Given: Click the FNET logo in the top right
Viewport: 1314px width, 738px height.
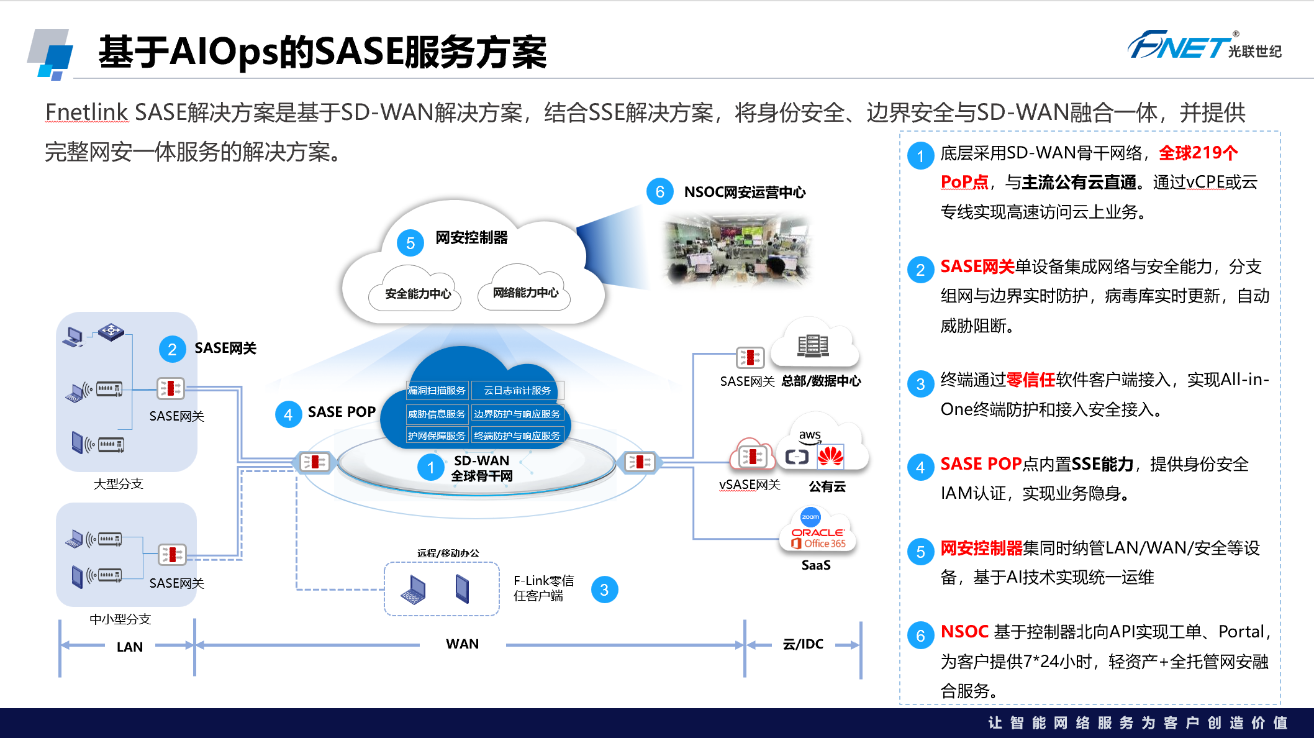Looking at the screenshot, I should pyautogui.click(x=1203, y=45).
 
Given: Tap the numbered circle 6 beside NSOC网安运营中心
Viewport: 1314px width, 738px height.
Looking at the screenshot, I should pyautogui.click(x=659, y=192).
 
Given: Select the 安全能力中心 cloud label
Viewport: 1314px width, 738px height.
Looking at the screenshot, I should pyautogui.click(x=418, y=293).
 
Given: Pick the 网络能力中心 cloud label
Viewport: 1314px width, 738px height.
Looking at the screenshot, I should pyautogui.click(x=525, y=293).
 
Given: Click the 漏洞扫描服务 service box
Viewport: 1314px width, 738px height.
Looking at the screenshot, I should pyautogui.click(x=437, y=390).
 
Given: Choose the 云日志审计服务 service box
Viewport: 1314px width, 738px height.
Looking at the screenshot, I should pyautogui.click(x=517, y=390).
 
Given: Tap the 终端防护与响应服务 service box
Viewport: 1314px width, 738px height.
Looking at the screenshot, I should pyautogui.click(x=517, y=435).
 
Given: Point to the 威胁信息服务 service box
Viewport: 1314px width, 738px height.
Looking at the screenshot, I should pyautogui.click(x=437, y=414).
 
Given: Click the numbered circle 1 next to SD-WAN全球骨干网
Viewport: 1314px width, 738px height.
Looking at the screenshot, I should pyautogui.click(x=430, y=467).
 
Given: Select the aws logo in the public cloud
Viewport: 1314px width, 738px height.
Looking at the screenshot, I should pyautogui.click(x=810, y=436).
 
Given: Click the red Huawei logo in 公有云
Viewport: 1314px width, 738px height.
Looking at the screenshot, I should pyautogui.click(x=830, y=457).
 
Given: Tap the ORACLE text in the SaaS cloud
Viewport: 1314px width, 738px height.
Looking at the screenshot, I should pyautogui.click(x=817, y=532).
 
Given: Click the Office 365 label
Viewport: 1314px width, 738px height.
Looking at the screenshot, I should pyautogui.click(x=820, y=544).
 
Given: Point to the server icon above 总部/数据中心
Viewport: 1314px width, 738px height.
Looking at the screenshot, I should pyautogui.click(x=813, y=346).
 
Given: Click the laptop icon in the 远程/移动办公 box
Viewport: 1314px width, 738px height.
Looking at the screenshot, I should pyautogui.click(x=414, y=590).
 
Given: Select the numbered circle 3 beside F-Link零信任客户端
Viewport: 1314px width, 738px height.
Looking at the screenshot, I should pyautogui.click(x=604, y=590).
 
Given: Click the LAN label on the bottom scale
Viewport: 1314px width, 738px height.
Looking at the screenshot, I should pyautogui.click(x=129, y=647).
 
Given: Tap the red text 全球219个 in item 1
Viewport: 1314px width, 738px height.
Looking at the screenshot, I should pyautogui.click(x=1198, y=153).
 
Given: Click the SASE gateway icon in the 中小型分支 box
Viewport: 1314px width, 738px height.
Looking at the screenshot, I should pyautogui.click(x=171, y=554).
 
